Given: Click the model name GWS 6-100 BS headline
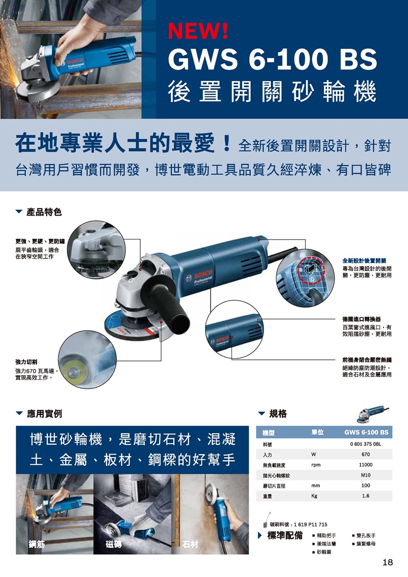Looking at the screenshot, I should [272, 59].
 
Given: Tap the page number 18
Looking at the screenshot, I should [387, 562].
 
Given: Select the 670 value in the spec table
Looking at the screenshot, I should [365, 454].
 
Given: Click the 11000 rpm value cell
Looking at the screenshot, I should [365, 465].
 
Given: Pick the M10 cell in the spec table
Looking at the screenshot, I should [365, 475].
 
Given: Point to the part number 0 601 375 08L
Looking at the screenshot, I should [365, 444].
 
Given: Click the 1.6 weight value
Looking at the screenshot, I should [365, 495].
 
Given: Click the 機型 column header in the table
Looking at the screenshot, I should [269, 433].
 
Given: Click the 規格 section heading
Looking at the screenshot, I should [277, 414].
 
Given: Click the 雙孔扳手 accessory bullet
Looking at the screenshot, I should [366, 536].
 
